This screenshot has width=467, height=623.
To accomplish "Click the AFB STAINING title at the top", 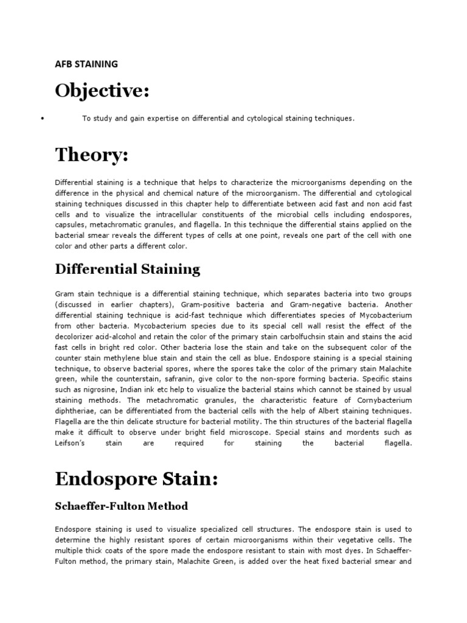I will (x=86, y=63).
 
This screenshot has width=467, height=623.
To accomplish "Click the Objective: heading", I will (x=102, y=91).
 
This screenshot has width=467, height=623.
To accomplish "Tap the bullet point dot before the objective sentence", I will (x=41, y=119).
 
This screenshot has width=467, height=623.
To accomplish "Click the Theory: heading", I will (x=92, y=156).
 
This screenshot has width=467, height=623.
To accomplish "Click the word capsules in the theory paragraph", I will (x=69, y=226).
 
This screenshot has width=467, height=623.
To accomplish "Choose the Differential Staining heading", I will (x=127, y=269).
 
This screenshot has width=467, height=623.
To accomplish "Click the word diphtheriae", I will (x=75, y=411).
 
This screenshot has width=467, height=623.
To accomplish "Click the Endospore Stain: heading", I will (x=136, y=479).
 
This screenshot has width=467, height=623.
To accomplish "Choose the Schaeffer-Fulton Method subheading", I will (x=122, y=506).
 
